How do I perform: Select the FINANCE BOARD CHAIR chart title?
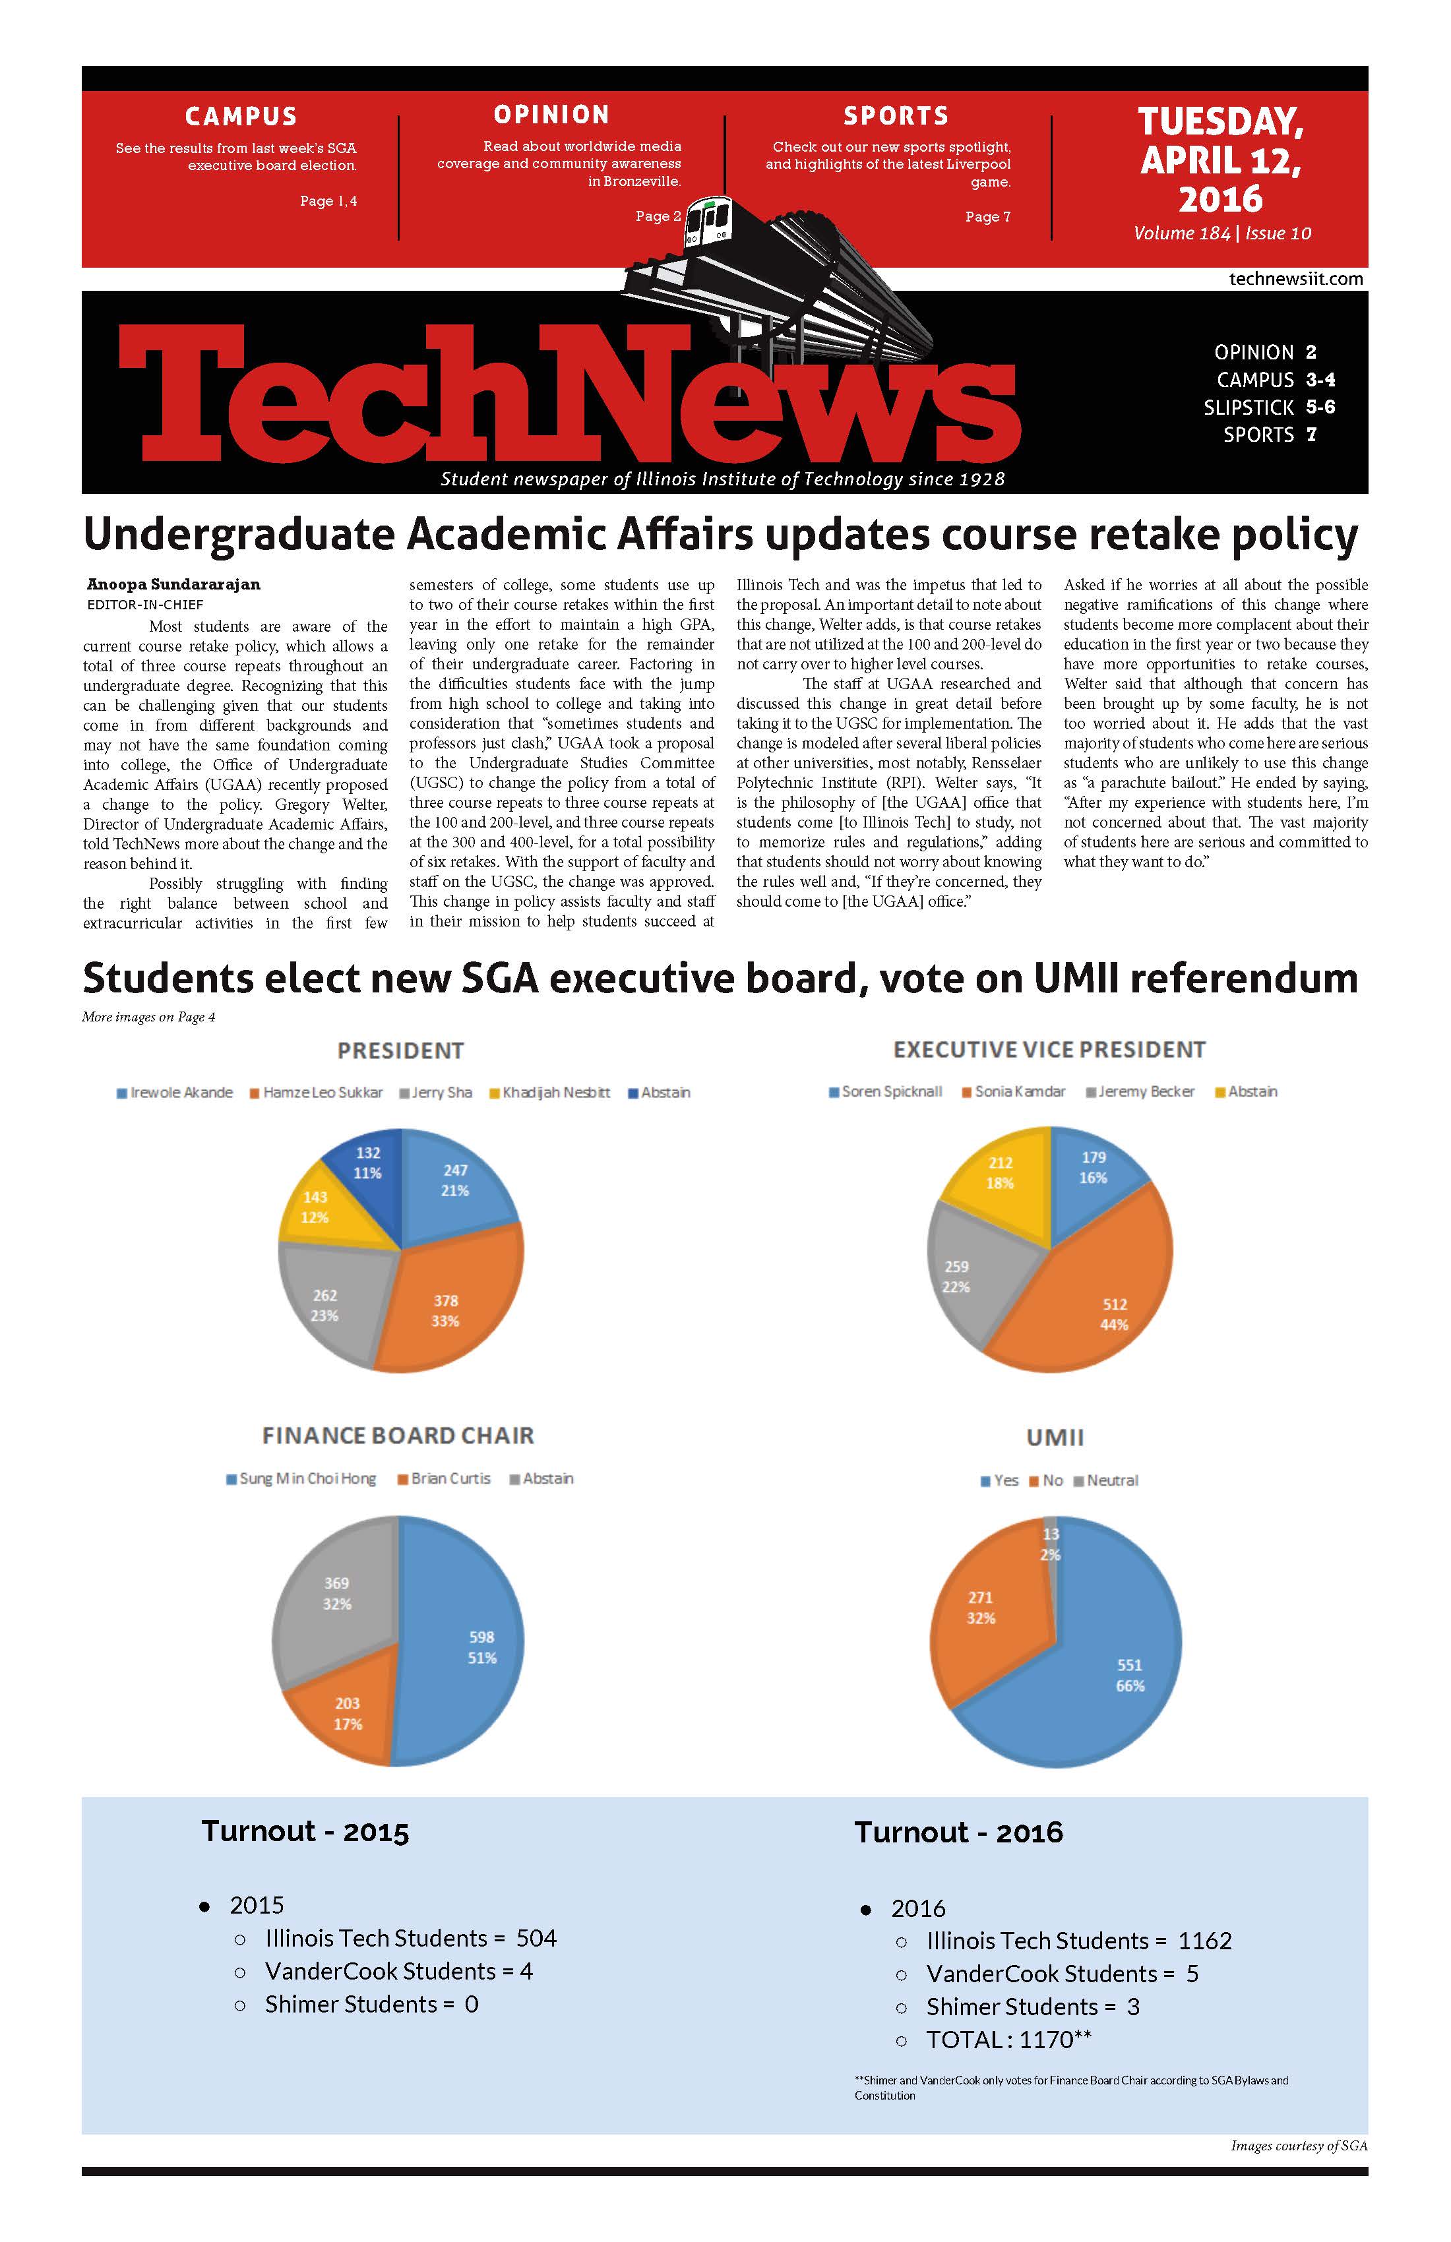(x=398, y=1436)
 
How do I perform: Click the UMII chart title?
(x=1055, y=1438)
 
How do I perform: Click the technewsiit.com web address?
(x=1295, y=279)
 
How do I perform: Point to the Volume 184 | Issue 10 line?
(x=1222, y=233)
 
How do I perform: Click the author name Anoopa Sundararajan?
(x=173, y=584)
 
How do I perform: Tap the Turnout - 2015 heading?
(x=305, y=1831)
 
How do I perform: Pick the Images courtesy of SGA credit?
(x=1299, y=2146)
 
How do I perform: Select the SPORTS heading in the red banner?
(x=895, y=116)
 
